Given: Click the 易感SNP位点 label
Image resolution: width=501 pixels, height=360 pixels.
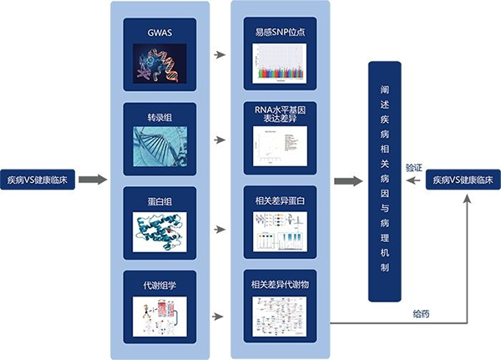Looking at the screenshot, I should pos(280,34).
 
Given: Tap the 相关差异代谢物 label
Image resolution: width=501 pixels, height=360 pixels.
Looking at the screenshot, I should pos(280,285).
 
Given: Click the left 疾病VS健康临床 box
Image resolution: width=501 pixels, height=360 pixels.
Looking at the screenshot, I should pos(42,180).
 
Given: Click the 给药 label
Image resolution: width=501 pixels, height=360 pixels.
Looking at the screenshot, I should pos(422,314).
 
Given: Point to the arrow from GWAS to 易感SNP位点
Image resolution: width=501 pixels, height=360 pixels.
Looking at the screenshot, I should pos(220,55).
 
